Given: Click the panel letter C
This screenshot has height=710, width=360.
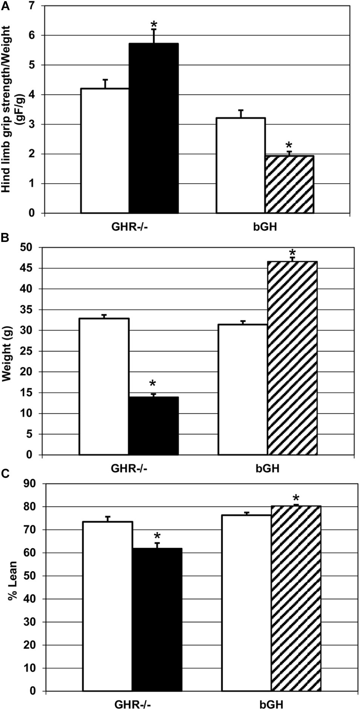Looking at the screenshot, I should coord(5,474).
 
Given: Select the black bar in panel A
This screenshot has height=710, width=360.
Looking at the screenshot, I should coord(154,128).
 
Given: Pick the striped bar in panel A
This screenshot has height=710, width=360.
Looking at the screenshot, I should coord(289,184).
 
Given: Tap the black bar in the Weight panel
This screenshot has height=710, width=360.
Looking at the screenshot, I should coord(153,426).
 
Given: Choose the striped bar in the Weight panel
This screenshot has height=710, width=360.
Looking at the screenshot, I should coord(292,358).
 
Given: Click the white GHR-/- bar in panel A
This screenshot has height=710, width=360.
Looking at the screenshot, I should coord(105,151).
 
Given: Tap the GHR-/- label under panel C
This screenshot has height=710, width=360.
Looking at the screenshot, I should coord(132,704).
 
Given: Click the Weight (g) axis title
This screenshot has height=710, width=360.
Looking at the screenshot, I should coord(8,351).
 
